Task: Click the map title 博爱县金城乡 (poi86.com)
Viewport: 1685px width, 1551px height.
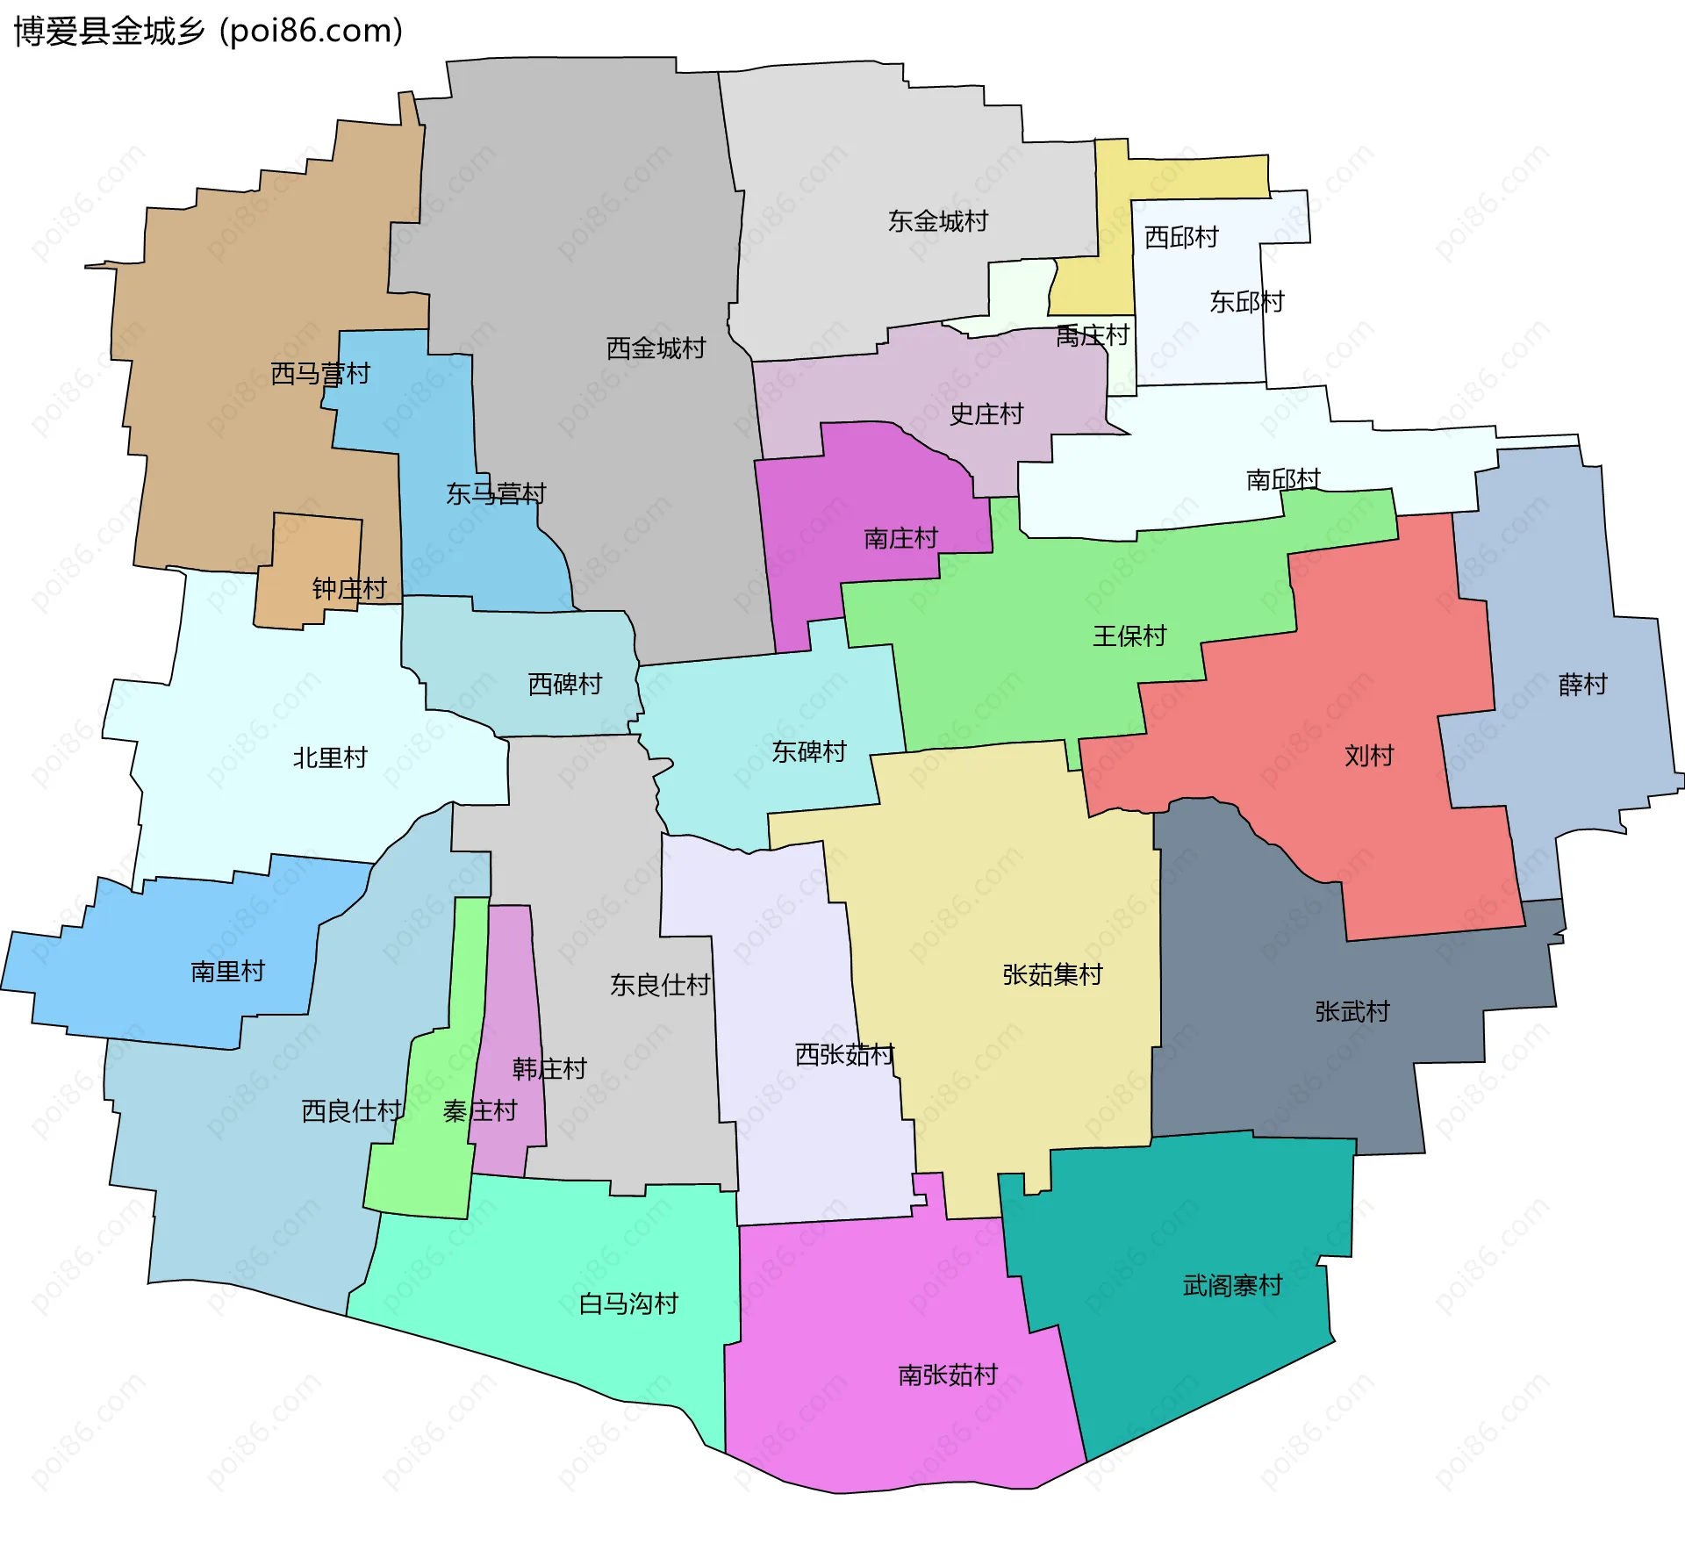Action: pos(208,31)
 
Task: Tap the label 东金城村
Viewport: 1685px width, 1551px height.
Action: pos(937,221)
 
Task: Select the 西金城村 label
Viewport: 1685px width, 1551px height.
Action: pos(656,348)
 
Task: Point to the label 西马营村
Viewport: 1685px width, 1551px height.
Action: pos(319,374)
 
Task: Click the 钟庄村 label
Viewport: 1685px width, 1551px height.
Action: pos(348,588)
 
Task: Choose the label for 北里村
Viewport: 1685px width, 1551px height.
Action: pos(329,758)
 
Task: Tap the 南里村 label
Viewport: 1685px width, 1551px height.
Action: pos(227,971)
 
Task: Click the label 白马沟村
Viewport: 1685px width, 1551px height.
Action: pos(628,1303)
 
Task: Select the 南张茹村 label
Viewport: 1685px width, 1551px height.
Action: pos(947,1375)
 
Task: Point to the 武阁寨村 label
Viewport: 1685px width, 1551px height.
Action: pos(1232,1286)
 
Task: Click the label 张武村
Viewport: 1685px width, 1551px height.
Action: pos(1352,1012)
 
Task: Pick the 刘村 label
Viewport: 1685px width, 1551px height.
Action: pos(1368,756)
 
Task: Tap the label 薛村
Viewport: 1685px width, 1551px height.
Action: pos(1582,685)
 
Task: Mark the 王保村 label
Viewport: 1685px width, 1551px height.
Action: pos(1129,635)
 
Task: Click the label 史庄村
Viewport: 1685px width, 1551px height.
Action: pos(986,414)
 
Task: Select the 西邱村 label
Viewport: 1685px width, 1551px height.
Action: pos(1181,237)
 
